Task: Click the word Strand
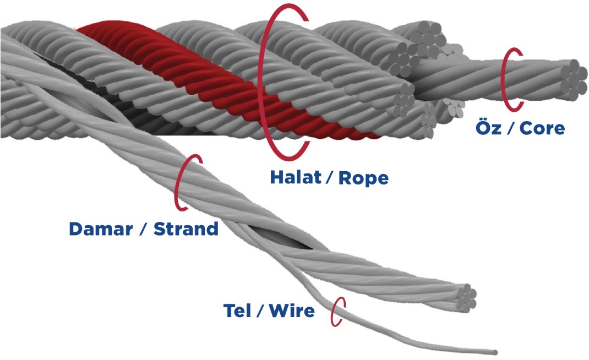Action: point(186,229)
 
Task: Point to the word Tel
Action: point(237,310)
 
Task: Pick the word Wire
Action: point(292,310)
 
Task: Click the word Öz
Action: point(487,128)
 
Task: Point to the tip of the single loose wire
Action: point(496,352)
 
